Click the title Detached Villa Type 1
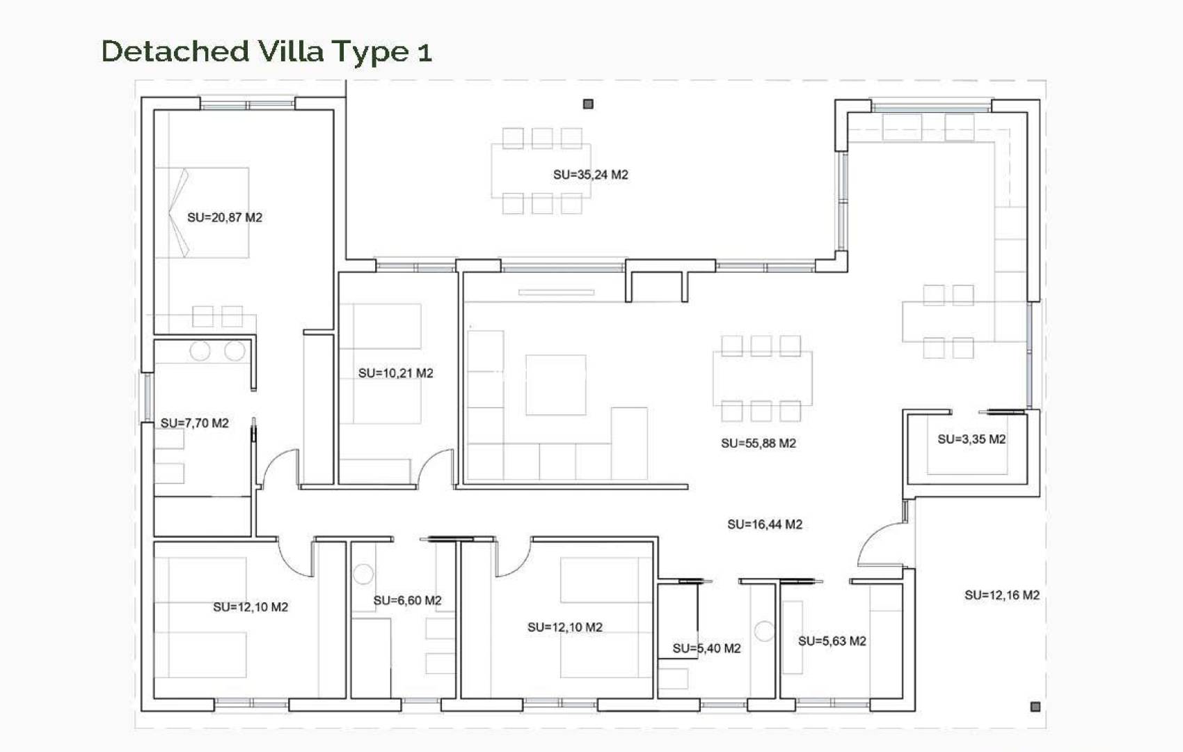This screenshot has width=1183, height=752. [267, 52]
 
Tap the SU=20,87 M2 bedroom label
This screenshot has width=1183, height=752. [224, 217]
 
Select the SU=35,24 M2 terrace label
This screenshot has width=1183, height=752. [590, 175]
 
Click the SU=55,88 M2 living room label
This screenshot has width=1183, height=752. [758, 443]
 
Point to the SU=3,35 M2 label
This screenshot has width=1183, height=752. [971, 439]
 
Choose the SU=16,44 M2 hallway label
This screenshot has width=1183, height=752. [764, 524]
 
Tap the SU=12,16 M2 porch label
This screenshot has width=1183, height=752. [1001, 595]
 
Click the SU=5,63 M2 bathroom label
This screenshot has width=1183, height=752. [832, 641]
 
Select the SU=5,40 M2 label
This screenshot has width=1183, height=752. [706, 648]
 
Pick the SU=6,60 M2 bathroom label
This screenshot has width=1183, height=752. [407, 600]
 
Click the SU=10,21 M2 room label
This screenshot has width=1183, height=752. [395, 373]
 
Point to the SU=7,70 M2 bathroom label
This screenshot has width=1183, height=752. [194, 423]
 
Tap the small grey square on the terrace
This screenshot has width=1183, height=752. [588, 104]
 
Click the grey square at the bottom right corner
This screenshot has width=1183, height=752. [1035, 707]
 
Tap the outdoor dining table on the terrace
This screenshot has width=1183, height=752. [541, 171]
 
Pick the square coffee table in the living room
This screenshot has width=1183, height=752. [555, 384]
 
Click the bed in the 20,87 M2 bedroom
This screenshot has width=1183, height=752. [202, 212]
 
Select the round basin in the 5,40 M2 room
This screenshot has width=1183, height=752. [764, 631]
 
